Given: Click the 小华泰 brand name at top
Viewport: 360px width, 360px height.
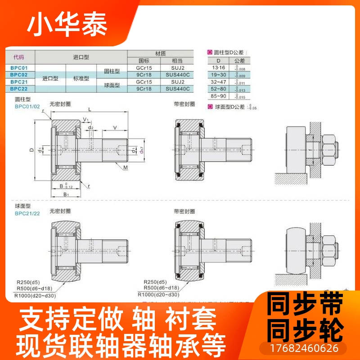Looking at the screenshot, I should [67, 26].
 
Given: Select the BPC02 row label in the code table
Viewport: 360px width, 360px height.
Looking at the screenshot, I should [19, 74].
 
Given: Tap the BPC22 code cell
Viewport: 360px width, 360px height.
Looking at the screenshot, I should [19, 89].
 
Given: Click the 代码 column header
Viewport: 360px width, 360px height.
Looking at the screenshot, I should [19, 57].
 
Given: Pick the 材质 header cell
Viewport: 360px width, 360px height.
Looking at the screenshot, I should [160, 53].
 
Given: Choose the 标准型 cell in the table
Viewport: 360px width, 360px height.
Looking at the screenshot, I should [81, 78].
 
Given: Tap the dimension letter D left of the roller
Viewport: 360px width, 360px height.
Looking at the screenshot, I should [32, 150].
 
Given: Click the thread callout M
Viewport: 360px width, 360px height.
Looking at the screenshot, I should [125, 167].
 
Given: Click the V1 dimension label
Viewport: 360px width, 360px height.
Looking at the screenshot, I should [85, 120].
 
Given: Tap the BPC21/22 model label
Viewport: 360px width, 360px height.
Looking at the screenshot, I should [27, 213].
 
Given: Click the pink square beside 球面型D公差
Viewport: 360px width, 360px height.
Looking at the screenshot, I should [210, 107].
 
